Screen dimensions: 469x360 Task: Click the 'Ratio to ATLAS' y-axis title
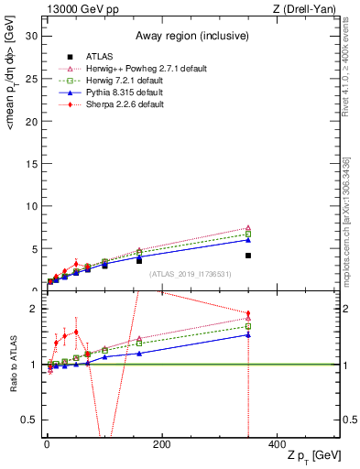pyautogui.click(x=13, y=365)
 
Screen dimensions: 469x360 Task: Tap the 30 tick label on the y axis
pyautogui.click(x=30, y=36)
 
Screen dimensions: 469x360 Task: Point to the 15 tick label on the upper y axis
pyautogui.click(x=30, y=163)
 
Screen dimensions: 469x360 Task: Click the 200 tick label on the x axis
pyautogui.click(x=161, y=444)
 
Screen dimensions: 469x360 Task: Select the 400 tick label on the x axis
pyautogui.click(x=277, y=444)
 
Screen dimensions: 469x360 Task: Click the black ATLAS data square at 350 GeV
pyautogui.click(x=248, y=256)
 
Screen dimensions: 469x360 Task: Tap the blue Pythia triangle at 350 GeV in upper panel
pyautogui.click(x=248, y=240)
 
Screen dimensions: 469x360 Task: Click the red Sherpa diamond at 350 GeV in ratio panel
pyautogui.click(x=248, y=313)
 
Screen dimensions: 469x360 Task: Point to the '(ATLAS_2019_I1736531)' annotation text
pyautogui.click(x=190, y=274)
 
